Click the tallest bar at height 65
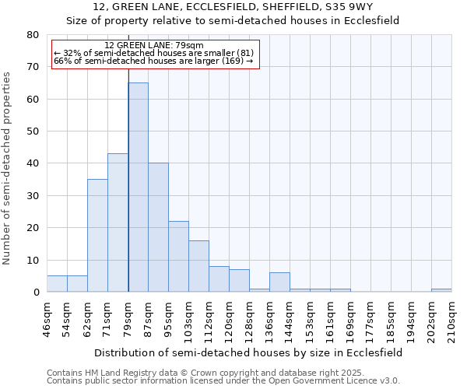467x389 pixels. coord(138,187)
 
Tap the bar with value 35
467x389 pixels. coord(97,235)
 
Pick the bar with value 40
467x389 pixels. coord(158,227)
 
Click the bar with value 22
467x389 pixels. coord(178,256)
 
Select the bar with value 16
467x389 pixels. coord(198,266)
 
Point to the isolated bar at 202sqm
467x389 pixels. coord(441,290)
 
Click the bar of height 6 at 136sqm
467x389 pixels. coord(279,282)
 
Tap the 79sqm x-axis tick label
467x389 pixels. coord(128,319)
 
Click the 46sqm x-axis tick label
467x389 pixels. coord(47,319)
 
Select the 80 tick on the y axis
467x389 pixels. coord(33,35)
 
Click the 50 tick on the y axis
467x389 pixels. coord(33,131)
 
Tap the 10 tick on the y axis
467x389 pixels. coord(33,260)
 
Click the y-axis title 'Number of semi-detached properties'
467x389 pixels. coord(7,167)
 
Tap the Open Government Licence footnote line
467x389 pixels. coord(223,381)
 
